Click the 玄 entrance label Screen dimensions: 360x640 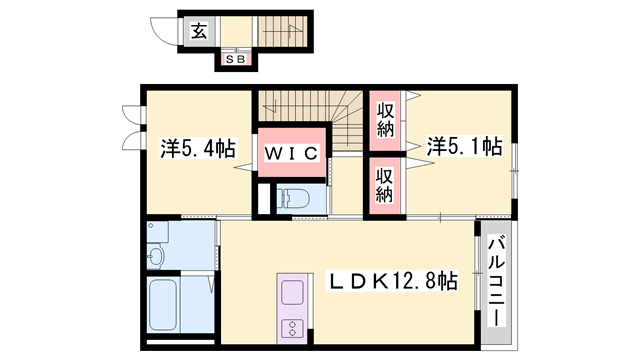(199, 30)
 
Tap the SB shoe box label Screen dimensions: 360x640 (237, 60)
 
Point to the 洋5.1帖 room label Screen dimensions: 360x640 (464, 147)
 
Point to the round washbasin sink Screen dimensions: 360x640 (154, 257)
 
